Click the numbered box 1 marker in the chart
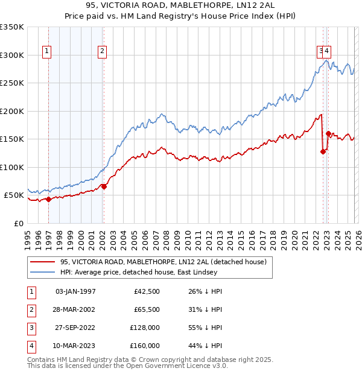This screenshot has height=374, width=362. tap(47, 52)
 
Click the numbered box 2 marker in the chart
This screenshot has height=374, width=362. tap(103, 52)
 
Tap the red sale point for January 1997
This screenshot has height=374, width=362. tap(48, 200)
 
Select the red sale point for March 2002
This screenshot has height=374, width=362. tap(104, 186)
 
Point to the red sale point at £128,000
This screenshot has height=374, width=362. tap(323, 151)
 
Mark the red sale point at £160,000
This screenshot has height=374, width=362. tap(328, 134)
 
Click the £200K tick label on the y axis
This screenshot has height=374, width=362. tap(12, 111)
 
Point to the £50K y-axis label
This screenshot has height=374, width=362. tap(14, 195)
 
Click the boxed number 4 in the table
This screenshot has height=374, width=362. tap(31, 346)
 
